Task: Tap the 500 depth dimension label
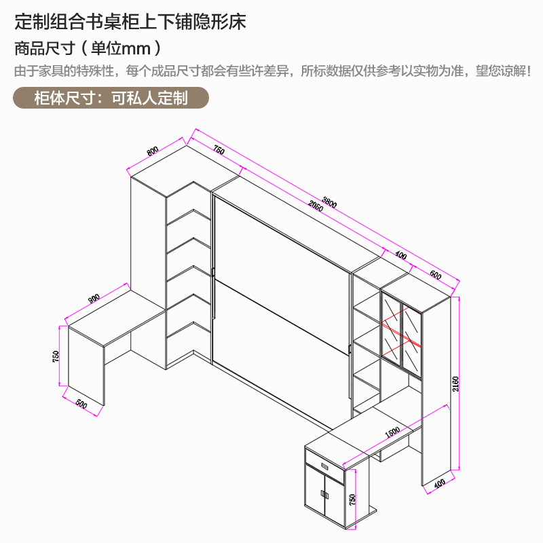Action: [x=81, y=405]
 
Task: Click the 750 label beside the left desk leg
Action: [x=57, y=356]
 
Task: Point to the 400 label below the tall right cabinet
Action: [x=439, y=485]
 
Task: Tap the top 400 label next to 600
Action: [x=400, y=256]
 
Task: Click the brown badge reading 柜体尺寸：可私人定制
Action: [x=111, y=98]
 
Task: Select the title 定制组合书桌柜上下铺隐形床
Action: [x=130, y=22]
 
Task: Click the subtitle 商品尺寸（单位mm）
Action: [x=88, y=49]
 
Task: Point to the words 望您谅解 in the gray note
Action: [x=504, y=71]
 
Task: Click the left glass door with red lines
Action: [x=392, y=329]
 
